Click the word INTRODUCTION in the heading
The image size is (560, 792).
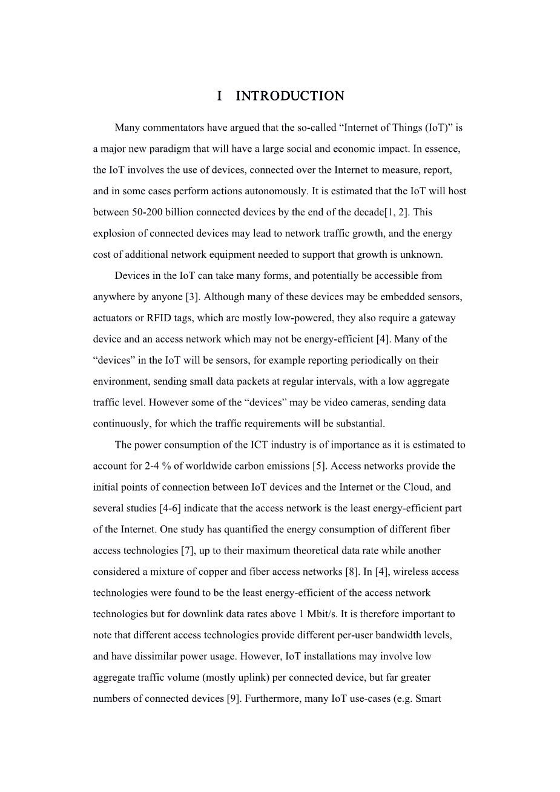click(x=289, y=96)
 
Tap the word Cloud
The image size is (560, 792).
click(x=436, y=488)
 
